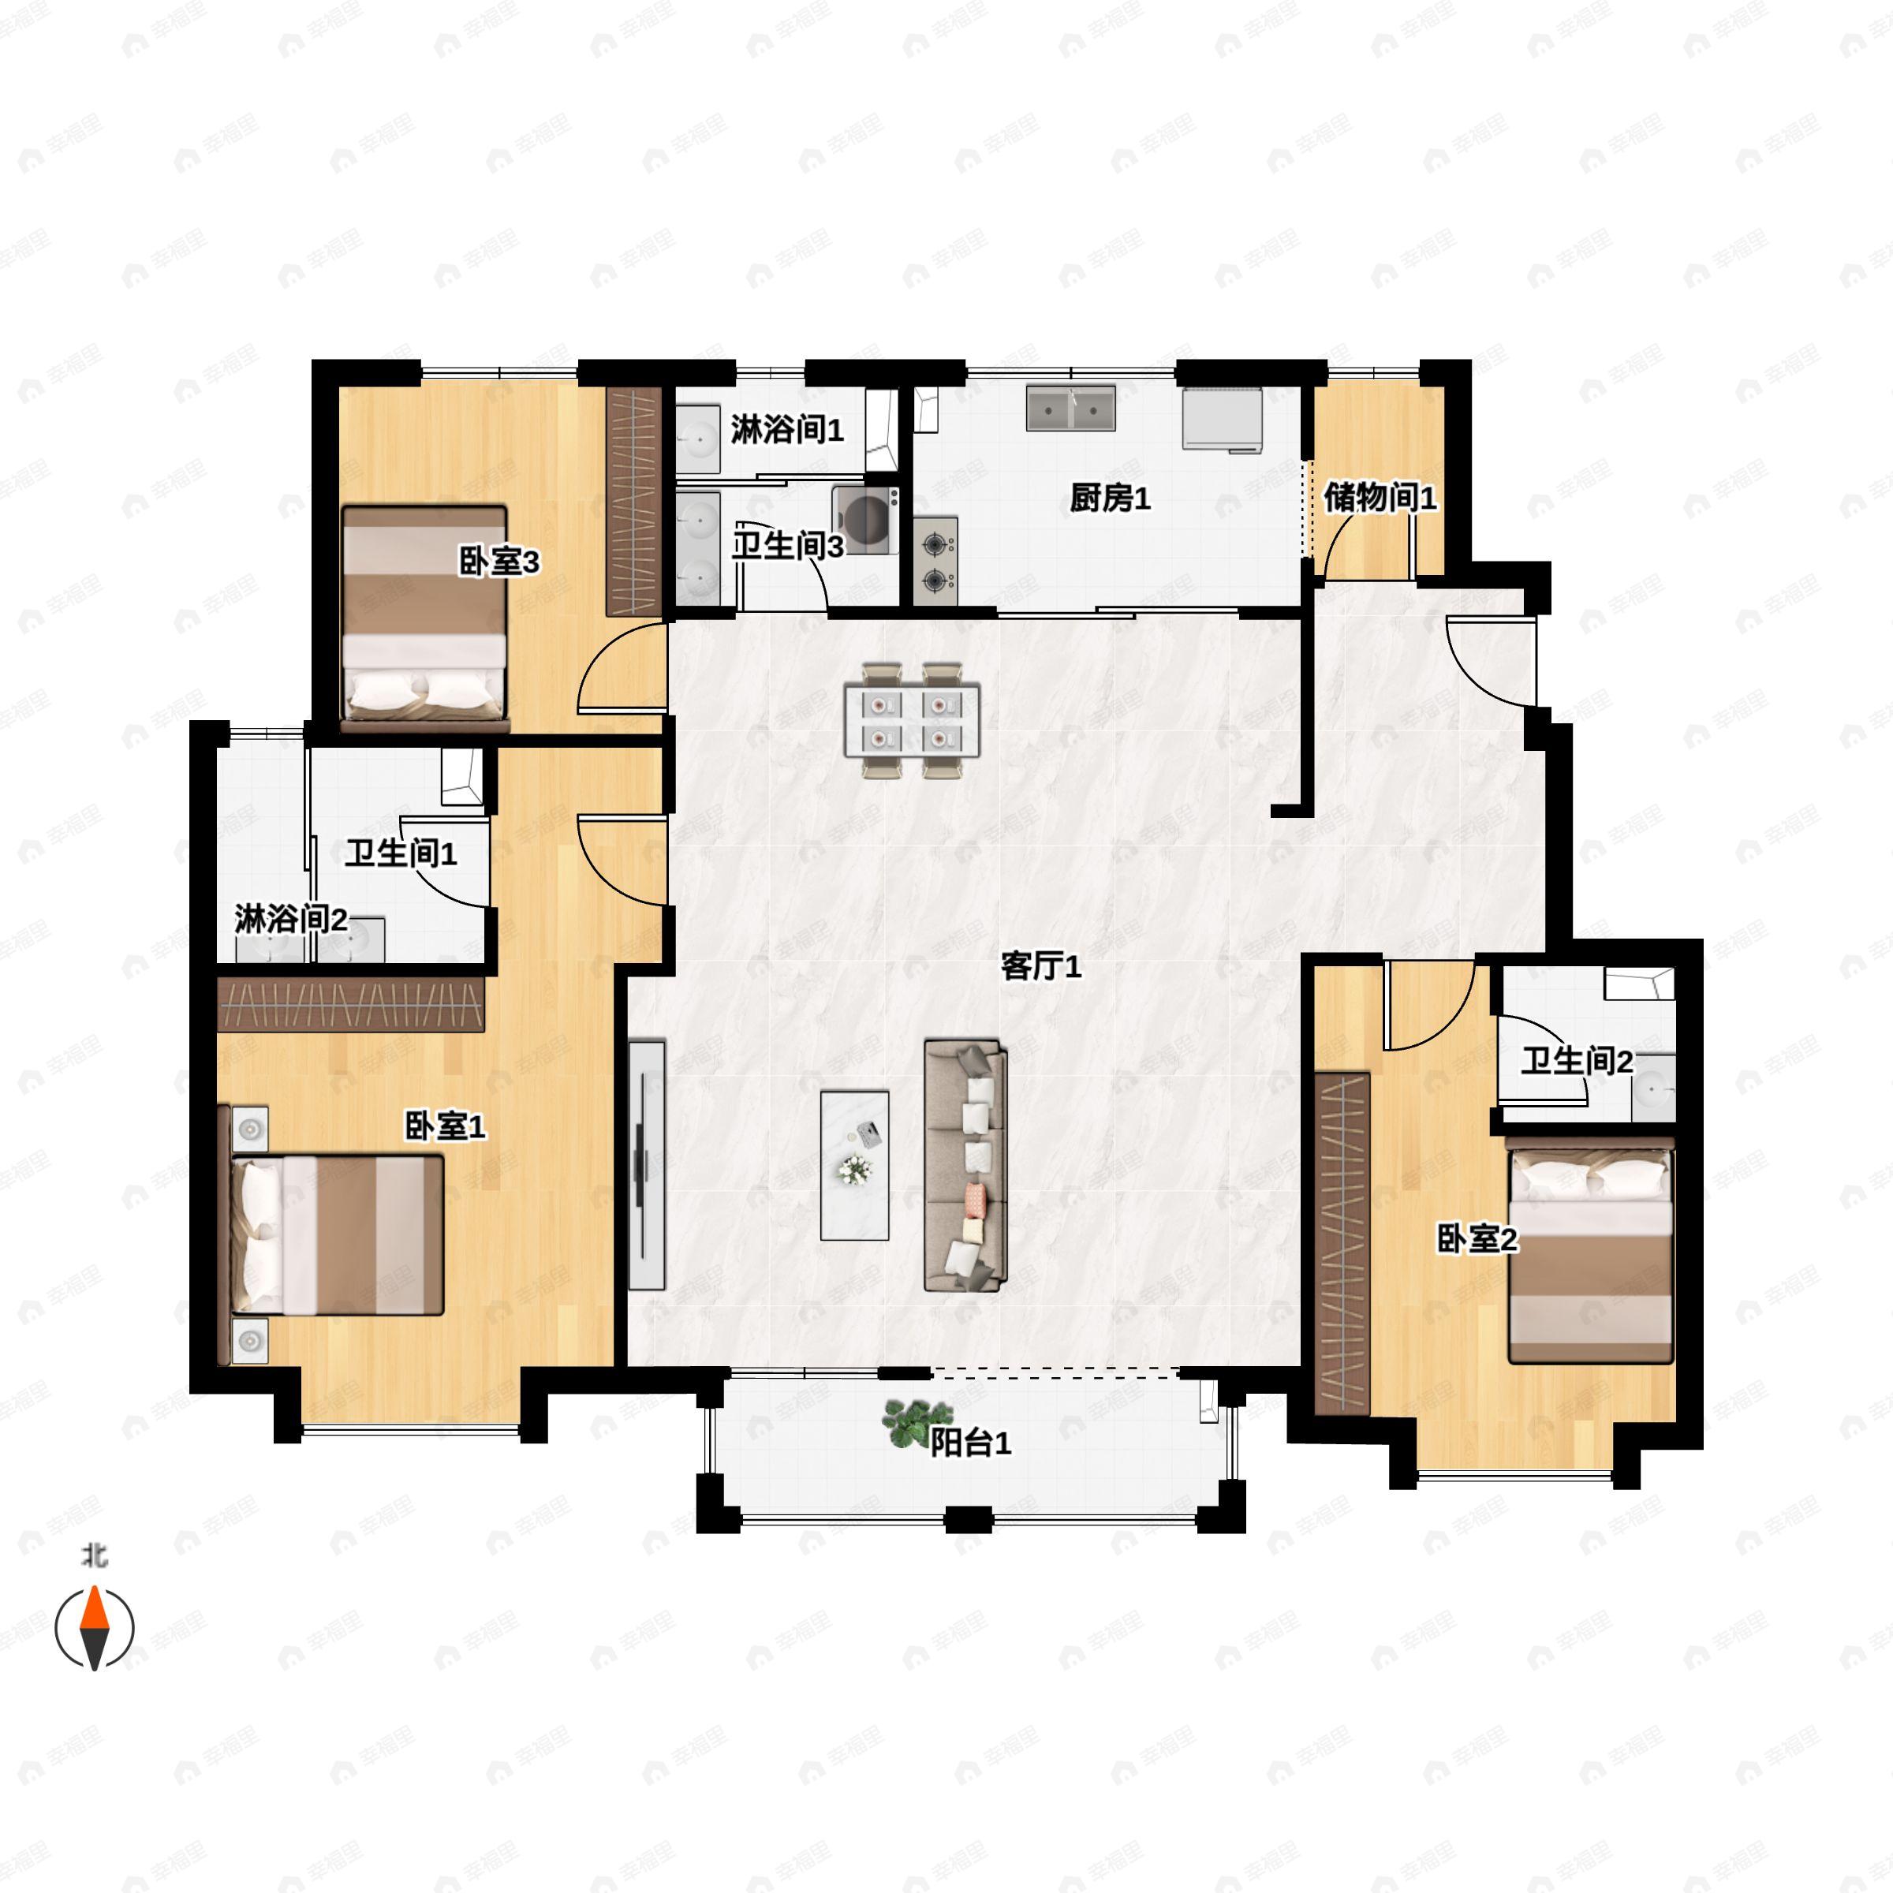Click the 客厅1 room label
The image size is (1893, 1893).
[1040, 967]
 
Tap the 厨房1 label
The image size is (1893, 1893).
[1109, 498]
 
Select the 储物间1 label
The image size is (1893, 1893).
[1380, 498]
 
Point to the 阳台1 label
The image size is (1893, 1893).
[970, 1443]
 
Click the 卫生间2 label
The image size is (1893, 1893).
[1577, 1060]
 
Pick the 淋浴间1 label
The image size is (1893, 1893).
[787, 429]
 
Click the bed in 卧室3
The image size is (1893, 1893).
[425, 618]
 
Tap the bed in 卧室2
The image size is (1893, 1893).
[1590, 1255]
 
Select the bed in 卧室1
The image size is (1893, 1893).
[336, 1234]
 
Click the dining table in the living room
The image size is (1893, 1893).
[913, 720]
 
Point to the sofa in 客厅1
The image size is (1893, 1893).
[966, 1166]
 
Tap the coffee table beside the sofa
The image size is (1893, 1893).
[854, 1165]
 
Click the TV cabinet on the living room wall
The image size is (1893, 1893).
[647, 1164]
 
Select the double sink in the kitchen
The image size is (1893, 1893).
[1071, 408]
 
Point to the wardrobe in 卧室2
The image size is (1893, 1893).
[1342, 1242]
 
